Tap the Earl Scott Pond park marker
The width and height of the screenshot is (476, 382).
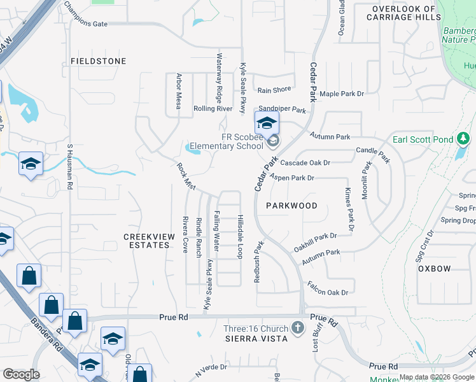464,139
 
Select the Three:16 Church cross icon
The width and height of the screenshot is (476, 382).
297,328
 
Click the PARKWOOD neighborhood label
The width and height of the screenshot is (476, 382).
291,206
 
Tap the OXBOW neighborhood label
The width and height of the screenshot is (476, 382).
435,269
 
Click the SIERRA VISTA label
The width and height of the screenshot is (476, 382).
256,339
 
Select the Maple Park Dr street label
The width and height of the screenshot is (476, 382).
342,94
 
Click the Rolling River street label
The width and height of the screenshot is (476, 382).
213,109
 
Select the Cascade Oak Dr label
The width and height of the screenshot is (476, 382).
305,162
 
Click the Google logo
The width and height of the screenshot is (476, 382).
21,374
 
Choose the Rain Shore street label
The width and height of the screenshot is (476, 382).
274,90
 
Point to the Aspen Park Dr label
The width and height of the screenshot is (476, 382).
292,178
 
